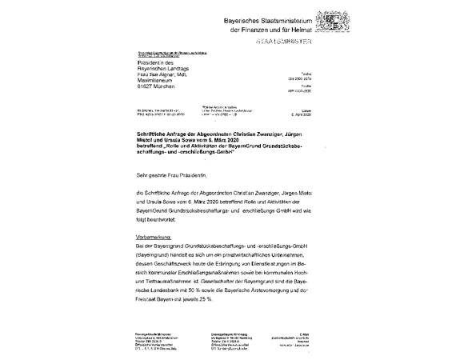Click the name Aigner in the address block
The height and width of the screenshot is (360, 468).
tap(165, 73)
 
